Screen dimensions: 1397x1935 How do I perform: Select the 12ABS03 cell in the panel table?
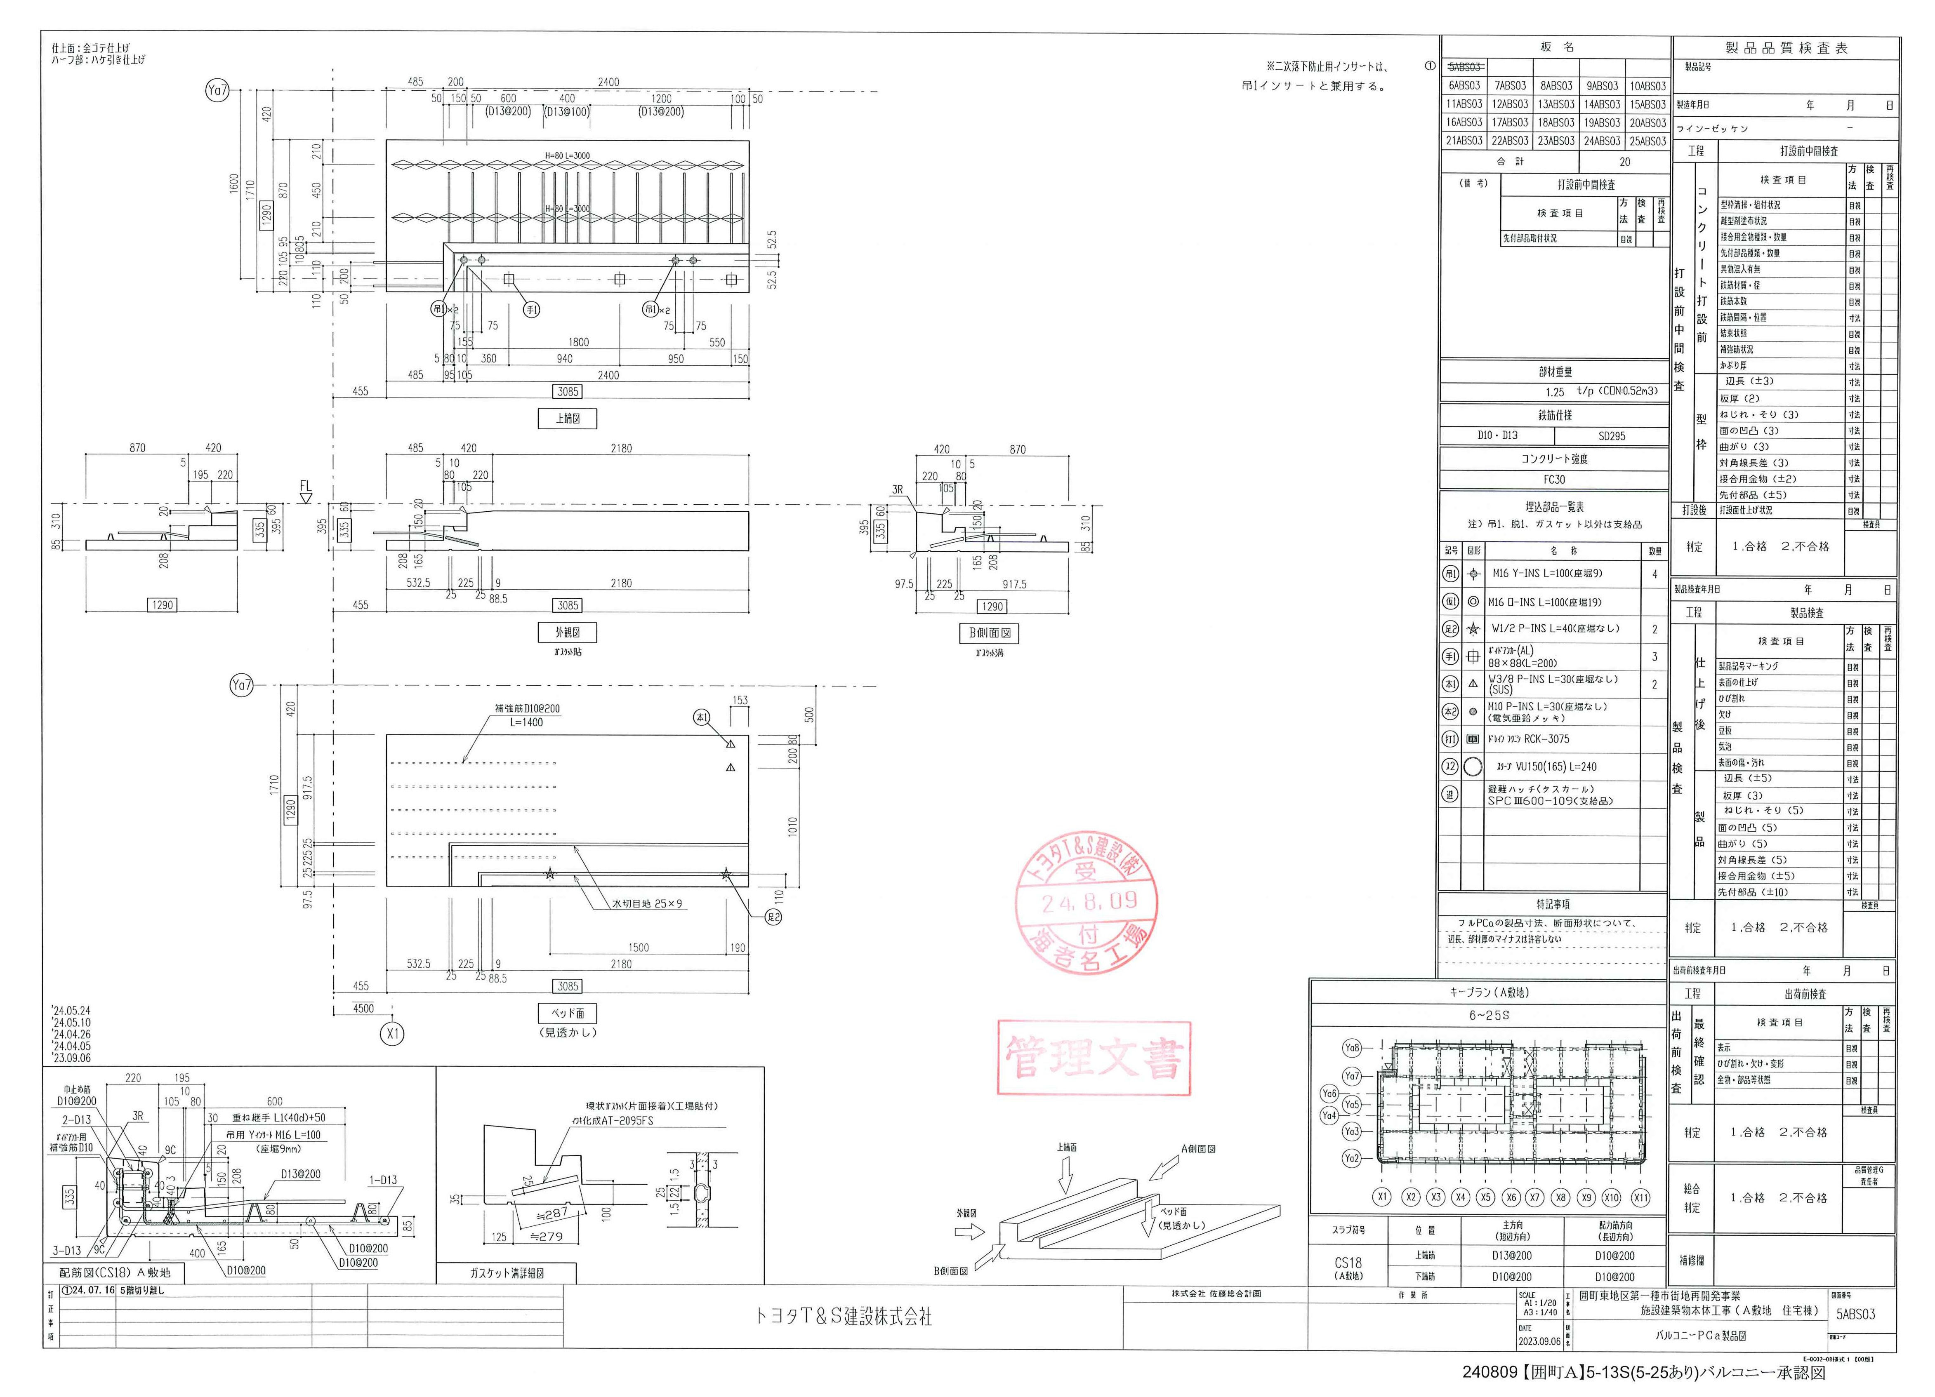click(x=1510, y=104)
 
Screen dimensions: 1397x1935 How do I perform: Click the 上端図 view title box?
click(x=567, y=418)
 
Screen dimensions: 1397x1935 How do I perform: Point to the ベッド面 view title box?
click(x=567, y=1013)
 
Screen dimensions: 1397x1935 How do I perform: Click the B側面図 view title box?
click(x=990, y=633)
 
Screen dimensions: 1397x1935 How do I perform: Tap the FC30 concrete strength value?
click(x=1555, y=479)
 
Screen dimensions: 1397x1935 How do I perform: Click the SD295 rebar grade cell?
click(x=1612, y=436)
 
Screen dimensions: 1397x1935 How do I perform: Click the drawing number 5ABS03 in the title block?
click(x=1856, y=1314)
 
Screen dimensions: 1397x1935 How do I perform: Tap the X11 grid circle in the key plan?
click(x=1640, y=1197)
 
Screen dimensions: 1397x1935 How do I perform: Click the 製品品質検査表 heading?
click(x=1786, y=49)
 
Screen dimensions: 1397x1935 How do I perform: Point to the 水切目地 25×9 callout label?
click(x=647, y=903)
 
